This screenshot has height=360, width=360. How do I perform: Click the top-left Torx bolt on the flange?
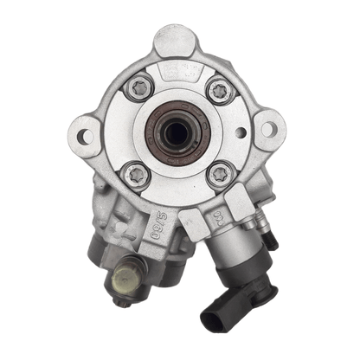pyautogui.click(x=139, y=87)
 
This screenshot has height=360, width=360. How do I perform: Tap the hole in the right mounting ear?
pyautogui.click(x=268, y=129)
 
